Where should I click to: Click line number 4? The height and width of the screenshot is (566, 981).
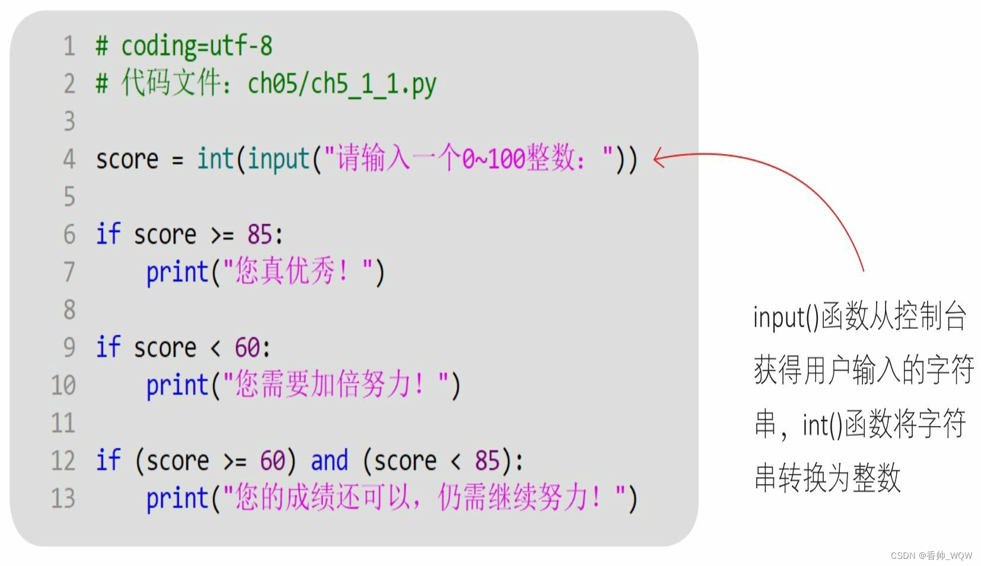point(69,159)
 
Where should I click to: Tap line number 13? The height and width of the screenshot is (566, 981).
point(63,498)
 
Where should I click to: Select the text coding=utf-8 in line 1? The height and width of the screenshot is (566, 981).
point(196,46)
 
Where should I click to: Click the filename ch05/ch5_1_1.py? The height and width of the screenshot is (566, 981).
point(342,84)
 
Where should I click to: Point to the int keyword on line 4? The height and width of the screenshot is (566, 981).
point(215,159)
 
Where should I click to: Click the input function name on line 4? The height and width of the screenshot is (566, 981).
point(279,159)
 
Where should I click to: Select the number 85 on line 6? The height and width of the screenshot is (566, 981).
point(260,235)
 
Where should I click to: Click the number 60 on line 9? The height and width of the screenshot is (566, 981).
point(247,347)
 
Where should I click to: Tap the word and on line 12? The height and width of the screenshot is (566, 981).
point(329,461)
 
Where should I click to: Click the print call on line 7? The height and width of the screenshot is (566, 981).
point(177,273)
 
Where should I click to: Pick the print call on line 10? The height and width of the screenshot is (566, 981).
point(177,386)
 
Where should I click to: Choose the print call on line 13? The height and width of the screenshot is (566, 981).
point(177,499)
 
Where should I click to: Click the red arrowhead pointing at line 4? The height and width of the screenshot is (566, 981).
point(658,158)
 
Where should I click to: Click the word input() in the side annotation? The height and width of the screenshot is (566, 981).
point(786,317)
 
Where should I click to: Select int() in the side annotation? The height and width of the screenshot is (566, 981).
point(822,425)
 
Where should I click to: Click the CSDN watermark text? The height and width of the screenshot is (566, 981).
point(931,555)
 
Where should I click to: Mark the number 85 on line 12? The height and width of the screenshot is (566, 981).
point(487,461)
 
